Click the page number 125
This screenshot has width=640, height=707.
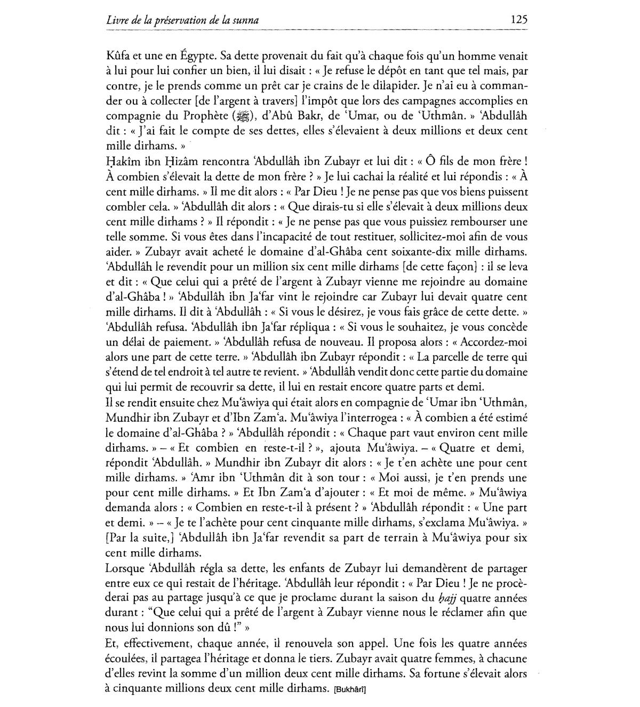tap(518, 20)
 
